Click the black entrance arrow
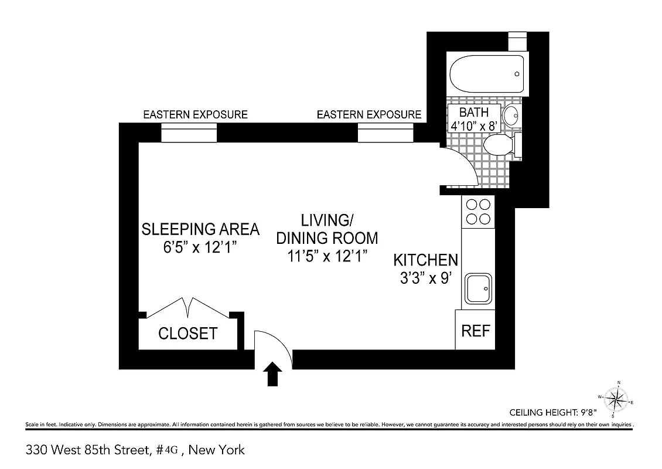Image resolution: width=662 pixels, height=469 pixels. point(274,374)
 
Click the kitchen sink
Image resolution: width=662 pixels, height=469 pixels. point(479,288)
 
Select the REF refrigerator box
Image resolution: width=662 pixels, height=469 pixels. point(475,330)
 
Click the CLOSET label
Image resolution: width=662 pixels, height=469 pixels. point(188,334)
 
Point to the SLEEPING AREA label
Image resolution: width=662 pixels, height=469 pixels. point(200,229)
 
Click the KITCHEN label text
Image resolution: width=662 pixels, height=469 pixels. point(425,260)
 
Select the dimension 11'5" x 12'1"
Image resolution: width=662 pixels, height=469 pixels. point(327,256)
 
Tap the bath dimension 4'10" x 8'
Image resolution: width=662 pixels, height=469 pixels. point(474,125)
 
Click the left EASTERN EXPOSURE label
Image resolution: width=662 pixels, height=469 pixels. point(195,114)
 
